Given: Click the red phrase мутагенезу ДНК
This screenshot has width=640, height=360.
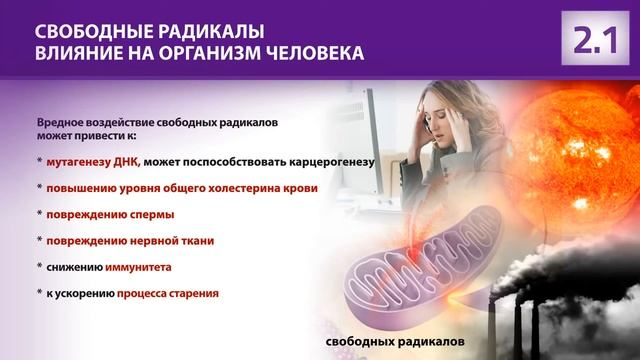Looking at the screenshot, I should point(95,161).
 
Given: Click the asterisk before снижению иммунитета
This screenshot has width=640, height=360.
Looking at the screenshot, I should point(39,268).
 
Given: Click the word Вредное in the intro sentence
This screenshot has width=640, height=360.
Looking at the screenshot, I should point(57,119).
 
